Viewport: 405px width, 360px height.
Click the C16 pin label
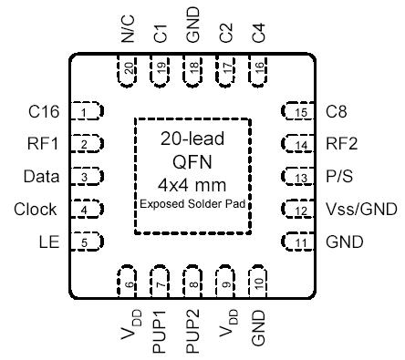pos(44,112)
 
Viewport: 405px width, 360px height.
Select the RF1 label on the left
pos(44,144)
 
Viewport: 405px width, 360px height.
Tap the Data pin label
pos(42,177)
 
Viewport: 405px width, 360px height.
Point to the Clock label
pos(36,210)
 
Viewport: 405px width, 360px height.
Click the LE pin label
pos(50,242)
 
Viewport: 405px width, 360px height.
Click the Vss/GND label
pos(361,210)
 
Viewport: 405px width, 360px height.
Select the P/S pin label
pos(340,177)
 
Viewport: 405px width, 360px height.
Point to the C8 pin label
pos(337,112)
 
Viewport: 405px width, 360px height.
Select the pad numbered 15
pos(298,112)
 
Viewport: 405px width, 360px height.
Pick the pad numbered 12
pos(298,210)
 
